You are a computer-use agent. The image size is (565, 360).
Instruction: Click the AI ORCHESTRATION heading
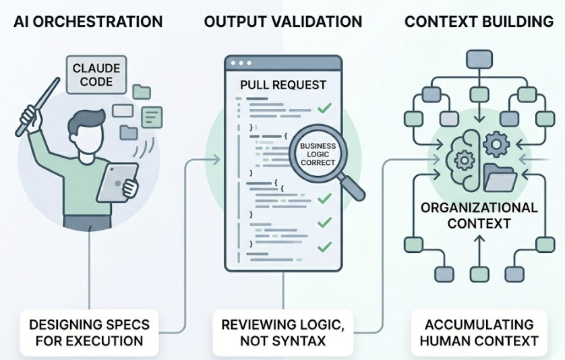pos(88,22)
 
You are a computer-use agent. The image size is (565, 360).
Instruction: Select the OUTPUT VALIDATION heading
pos(283,22)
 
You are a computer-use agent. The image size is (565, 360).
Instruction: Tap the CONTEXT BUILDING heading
pos(479,22)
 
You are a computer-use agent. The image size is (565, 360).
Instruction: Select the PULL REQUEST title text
pos(283,85)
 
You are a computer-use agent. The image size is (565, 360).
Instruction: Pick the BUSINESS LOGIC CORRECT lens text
pos(317,154)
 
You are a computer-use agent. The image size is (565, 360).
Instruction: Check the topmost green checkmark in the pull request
pos(324,107)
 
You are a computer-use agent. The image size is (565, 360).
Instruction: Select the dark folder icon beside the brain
pos(500,177)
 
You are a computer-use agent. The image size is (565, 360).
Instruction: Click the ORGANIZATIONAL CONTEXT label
pos(479,214)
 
